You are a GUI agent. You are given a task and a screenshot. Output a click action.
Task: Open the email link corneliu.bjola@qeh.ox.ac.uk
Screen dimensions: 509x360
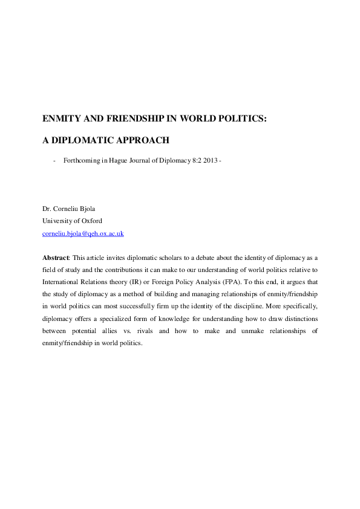[83, 233]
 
